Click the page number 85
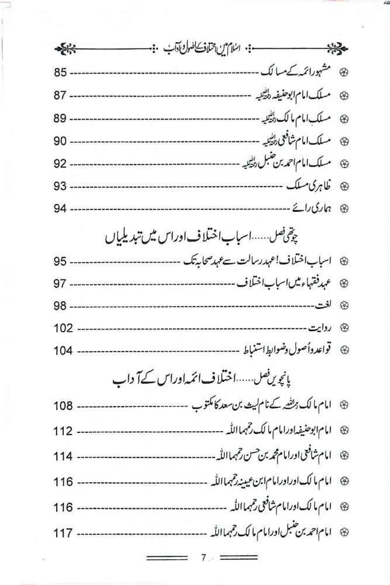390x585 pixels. click(x=61, y=73)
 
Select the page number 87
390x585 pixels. click(x=61, y=95)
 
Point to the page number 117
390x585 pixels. click(x=63, y=534)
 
